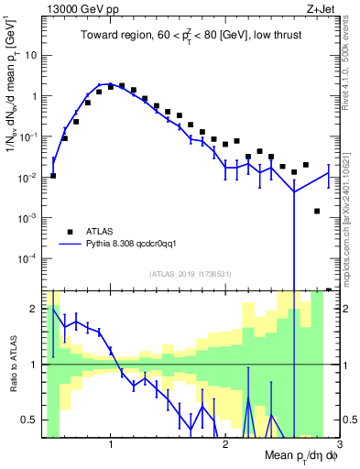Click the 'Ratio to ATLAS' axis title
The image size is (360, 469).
(x=14, y=364)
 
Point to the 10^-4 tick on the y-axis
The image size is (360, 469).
(x=30, y=258)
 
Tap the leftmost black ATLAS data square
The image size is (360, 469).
(x=53, y=176)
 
